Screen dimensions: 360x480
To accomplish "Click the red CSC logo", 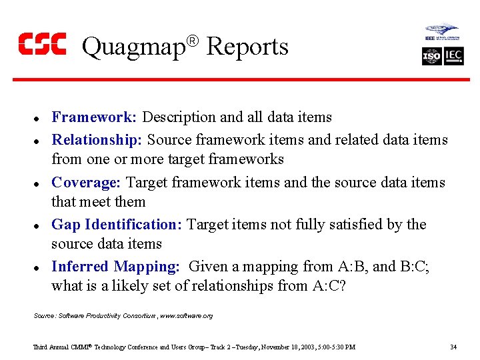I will [x=42, y=44].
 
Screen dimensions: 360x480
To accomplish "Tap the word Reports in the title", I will [x=247, y=47].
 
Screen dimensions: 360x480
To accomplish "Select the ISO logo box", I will [x=432, y=57].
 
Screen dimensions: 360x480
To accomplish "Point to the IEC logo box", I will [x=454, y=57].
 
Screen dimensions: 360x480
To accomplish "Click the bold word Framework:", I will [x=94, y=117].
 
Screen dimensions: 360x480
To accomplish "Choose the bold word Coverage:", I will [x=87, y=183].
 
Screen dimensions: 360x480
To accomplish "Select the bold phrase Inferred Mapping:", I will [x=115, y=267].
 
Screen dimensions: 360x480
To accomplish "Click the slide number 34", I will [x=453, y=347].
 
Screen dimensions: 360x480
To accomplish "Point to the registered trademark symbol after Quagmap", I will [x=192, y=41].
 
